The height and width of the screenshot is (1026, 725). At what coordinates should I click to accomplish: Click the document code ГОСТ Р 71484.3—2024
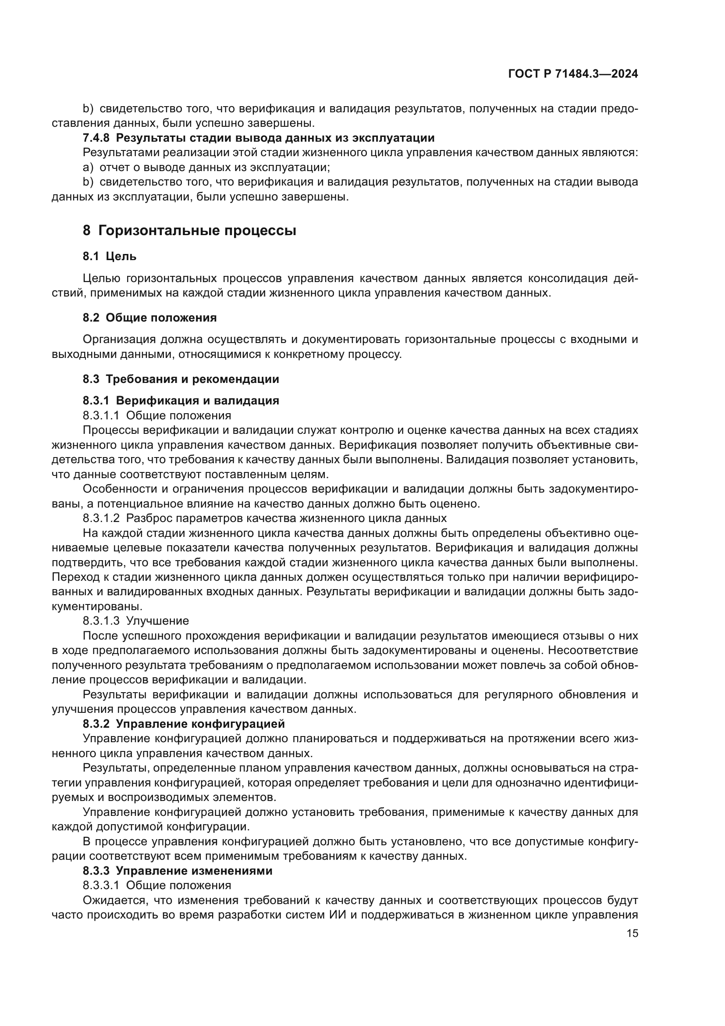pyautogui.click(x=573, y=74)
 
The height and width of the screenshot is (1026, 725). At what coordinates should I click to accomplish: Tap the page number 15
pyautogui.click(x=632, y=933)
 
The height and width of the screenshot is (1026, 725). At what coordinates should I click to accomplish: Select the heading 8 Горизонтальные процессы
pyautogui.click(x=189, y=231)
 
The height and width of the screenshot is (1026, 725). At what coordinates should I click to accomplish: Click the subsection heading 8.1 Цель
pyautogui.click(x=110, y=257)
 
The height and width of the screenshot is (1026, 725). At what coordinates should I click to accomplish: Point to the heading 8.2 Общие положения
pyautogui.click(x=149, y=318)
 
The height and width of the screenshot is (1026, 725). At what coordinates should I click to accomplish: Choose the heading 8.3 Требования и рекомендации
pyautogui.click(x=181, y=379)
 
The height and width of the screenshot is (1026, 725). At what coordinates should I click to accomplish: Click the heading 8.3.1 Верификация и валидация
pyautogui.click(x=181, y=400)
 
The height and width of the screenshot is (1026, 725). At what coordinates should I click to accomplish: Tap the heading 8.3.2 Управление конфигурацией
pyautogui.click(x=184, y=723)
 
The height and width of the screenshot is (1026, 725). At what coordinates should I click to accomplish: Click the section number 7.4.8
pyautogui.click(x=96, y=138)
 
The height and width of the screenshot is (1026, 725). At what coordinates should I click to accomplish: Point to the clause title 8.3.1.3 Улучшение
pyautogui.click(x=136, y=621)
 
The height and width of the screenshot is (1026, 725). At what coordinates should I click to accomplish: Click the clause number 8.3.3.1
pyautogui.click(x=101, y=885)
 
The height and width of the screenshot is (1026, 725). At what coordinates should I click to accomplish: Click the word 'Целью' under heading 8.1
pyautogui.click(x=101, y=279)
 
